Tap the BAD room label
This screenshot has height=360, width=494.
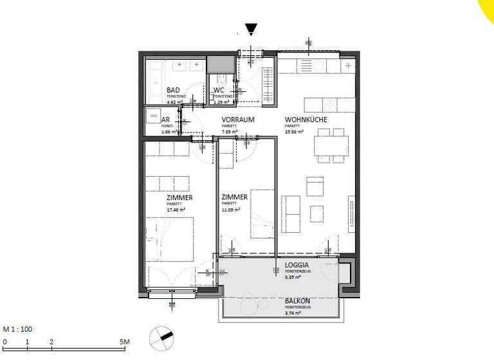(173, 91)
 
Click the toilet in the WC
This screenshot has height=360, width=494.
(220, 80)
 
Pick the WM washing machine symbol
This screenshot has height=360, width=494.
(152, 116)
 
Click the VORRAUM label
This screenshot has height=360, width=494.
(238, 120)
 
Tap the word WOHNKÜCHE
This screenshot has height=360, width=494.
(306, 120)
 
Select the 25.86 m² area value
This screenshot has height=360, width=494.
(295, 132)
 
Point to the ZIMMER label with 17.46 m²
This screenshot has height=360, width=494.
(180, 198)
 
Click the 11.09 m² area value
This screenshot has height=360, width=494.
(231, 210)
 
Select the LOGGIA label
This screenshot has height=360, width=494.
(297, 265)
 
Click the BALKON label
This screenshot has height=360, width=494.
(297, 301)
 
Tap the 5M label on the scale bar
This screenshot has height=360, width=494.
(124, 342)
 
